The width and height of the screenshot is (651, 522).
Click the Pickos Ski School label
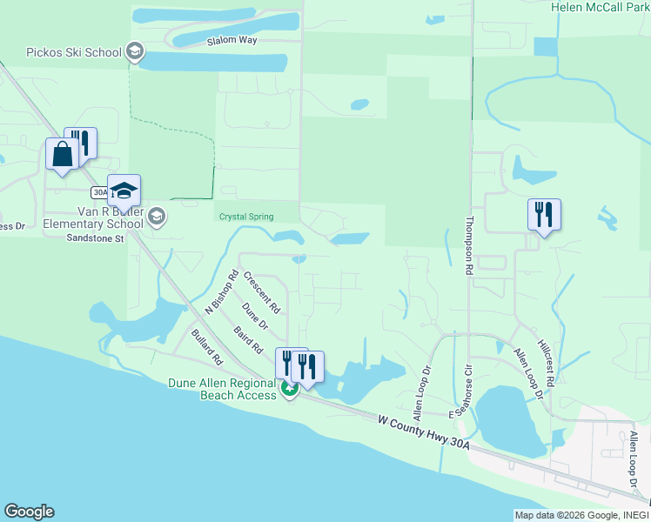pyautogui.click(x=73, y=52)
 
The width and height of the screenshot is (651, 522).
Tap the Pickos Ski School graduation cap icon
pyautogui.click(x=134, y=52)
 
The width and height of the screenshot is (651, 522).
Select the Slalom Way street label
pyautogui.click(x=232, y=41)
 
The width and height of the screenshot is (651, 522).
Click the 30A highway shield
pyautogui.click(x=99, y=191)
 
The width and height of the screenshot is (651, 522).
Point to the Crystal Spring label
pyautogui.click(x=246, y=217)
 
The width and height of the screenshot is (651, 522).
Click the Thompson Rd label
pyautogui.click(x=470, y=246)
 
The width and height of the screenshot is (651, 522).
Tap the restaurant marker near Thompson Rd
pyautogui.click(x=544, y=214)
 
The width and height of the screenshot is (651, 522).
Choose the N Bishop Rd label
pyautogui.click(x=221, y=292)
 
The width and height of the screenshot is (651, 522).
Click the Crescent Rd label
pyautogui.click(x=261, y=293)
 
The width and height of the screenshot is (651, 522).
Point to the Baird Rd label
pyautogui.click(x=248, y=340)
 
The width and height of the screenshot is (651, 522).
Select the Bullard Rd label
pyautogui.click(x=206, y=345)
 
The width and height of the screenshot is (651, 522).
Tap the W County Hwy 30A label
pyautogui.click(x=424, y=432)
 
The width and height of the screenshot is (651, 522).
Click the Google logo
pyautogui.click(x=29, y=512)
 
